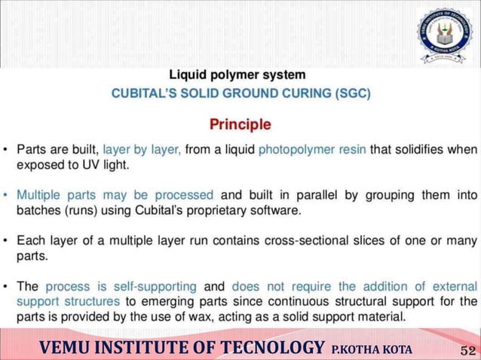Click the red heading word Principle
240,124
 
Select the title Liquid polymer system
237,75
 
